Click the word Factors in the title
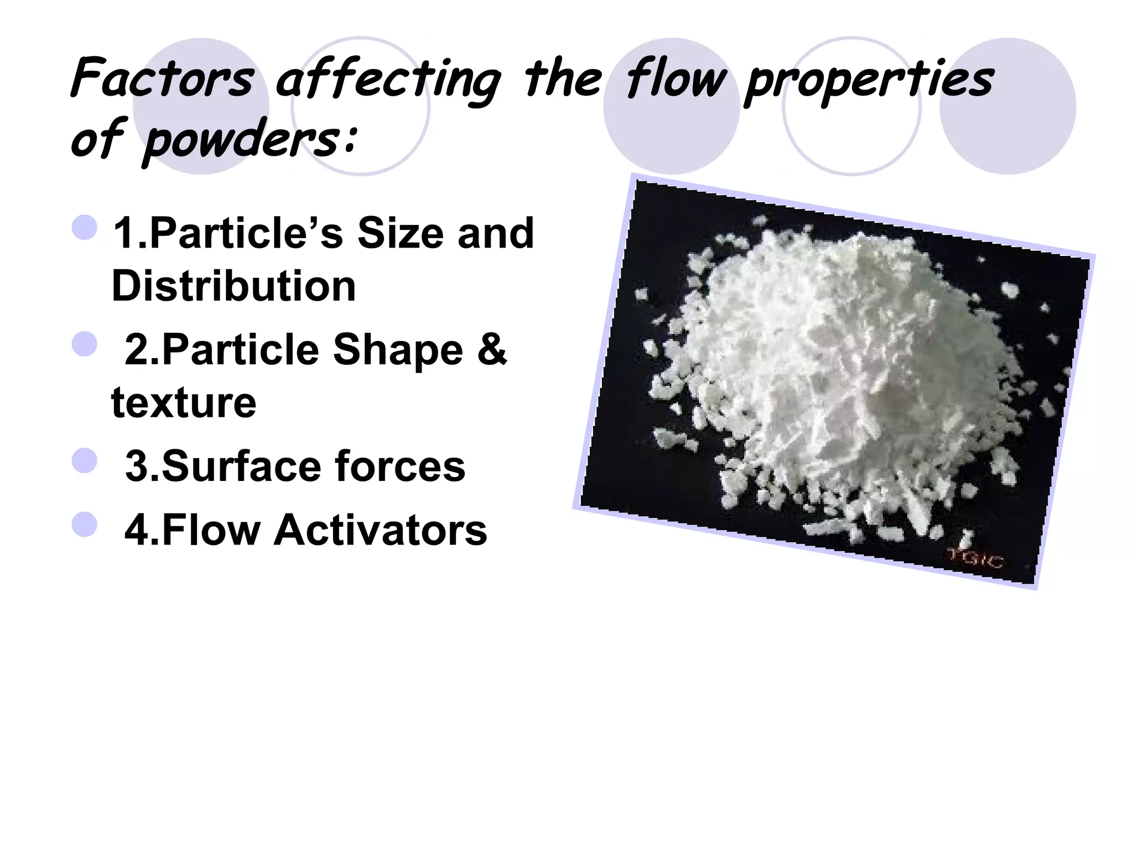click(x=162, y=78)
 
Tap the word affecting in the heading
click(x=387, y=80)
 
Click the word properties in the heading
click(x=869, y=80)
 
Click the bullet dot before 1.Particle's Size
click(x=85, y=227)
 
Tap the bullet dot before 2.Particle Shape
click(x=85, y=344)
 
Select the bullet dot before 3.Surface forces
click(x=85, y=460)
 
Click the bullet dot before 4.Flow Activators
click(x=85, y=524)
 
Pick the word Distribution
click(x=233, y=286)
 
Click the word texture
click(x=184, y=402)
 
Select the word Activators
click(x=381, y=530)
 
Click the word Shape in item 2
click(x=398, y=350)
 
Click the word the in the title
click(x=562, y=78)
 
